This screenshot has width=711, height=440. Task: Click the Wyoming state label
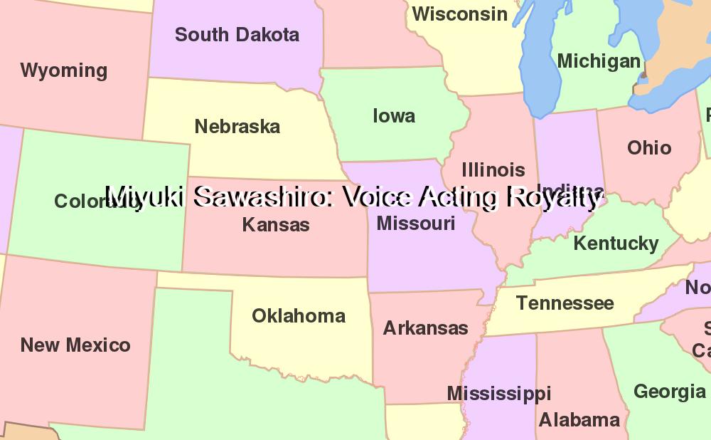point(64,70)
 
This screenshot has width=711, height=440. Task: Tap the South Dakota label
point(237,34)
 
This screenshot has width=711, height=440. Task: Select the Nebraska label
point(237,127)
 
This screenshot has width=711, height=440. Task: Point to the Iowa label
point(394,115)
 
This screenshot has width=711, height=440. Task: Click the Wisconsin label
point(460,14)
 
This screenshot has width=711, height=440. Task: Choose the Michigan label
point(599,61)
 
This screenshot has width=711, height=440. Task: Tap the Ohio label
point(649,147)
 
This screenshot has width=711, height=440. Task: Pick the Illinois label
point(493,170)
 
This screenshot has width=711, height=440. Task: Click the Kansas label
point(276,225)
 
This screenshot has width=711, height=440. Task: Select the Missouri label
point(416,224)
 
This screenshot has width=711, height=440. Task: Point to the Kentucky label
point(616,243)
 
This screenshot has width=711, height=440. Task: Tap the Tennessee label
point(565,303)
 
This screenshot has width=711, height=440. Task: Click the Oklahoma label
point(299,315)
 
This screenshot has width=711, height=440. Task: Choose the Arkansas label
point(425,328)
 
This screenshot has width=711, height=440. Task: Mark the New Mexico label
point(75,345)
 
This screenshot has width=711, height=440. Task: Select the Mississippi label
point(499,394)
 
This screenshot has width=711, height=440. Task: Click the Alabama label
point(579,419)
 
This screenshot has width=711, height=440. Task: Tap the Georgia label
point(670,392)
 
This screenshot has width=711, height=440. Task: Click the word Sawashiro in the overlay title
point(262,197)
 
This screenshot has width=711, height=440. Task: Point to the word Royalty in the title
point(554,197)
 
